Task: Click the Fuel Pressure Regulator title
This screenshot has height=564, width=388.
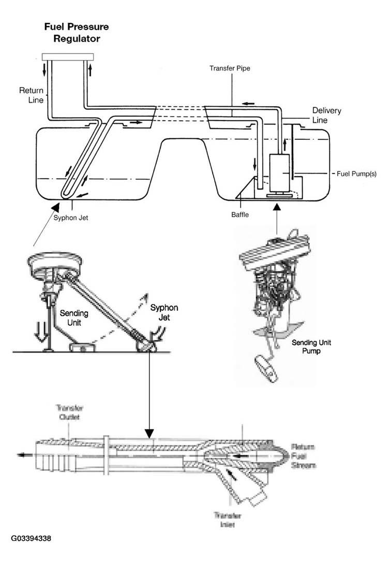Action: tap(76, 33)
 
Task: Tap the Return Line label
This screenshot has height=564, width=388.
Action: tap(31, 94)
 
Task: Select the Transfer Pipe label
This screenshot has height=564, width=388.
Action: tap(230, 68)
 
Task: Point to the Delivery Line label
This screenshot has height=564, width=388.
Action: tap(326, 115)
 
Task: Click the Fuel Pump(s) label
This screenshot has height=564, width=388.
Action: tap(356, 174)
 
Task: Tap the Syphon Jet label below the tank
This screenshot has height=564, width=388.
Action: tap(71, 218)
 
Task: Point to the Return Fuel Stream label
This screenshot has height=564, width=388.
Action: tap(304, 456)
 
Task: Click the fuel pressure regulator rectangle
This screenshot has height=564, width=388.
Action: tap(68, 56)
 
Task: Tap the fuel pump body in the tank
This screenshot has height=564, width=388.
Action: tap(279, 172)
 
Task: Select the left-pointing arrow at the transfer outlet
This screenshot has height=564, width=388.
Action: tap(23, 456)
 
